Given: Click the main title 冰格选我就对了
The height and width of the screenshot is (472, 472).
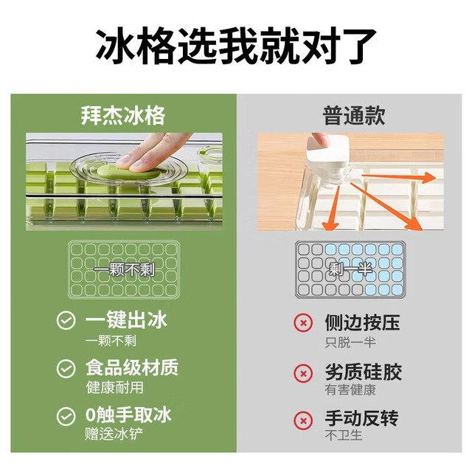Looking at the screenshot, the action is click(236, 46).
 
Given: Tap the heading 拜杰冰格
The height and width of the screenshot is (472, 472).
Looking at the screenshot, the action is click(123, 116).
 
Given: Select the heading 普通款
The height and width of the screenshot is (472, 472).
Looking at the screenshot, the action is click(354, 116).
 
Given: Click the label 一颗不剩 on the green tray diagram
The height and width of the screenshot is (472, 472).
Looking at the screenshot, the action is click(124, 270).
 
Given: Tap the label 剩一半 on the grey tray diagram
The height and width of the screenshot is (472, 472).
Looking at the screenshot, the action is click(351, 268).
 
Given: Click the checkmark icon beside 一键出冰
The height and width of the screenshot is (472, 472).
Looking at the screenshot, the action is click(66, 320).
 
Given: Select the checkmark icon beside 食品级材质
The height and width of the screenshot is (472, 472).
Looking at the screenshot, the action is click(66, 368).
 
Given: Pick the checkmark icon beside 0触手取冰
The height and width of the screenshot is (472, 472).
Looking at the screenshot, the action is click(66, 416).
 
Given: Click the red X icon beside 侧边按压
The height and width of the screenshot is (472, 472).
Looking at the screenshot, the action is click(303, 323).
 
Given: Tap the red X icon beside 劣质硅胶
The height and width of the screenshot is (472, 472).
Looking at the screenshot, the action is click(303, 373).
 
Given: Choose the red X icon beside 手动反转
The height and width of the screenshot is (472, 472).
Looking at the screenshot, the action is click(303, 420).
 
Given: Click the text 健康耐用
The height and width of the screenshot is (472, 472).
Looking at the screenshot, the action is click(115, 387).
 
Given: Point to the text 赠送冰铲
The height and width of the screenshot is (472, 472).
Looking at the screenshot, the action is click(114, 434).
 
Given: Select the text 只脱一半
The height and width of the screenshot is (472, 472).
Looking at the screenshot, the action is click(350, 342).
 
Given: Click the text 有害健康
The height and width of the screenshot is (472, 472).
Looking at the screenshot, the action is click(350, 389).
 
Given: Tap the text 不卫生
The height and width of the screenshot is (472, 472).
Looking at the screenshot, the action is click(344, 435).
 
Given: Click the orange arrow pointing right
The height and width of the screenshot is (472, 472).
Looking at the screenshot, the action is click(398, 177).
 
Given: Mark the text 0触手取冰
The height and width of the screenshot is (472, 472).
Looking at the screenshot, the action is click(128, 414).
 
